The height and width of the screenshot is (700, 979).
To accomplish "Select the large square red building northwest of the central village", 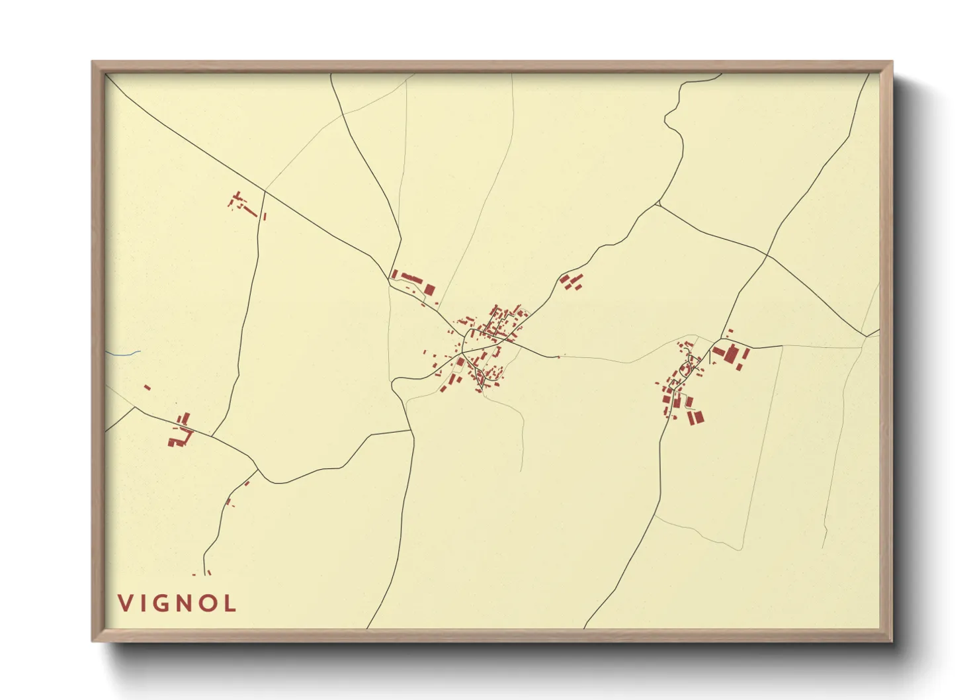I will [x=429, y=290].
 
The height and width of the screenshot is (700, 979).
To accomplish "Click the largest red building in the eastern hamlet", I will [x=731, y=354].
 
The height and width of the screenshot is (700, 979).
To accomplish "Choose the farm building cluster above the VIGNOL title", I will [x=181, y=431].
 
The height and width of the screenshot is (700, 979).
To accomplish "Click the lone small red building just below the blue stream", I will [x=147, y=387].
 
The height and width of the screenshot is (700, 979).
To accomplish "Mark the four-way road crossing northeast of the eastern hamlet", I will [x=767, y=254].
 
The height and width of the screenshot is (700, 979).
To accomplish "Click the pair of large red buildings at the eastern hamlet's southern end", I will [x=695, y=417].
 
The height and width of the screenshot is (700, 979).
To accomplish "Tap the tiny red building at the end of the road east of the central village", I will [x=558, y=357].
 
